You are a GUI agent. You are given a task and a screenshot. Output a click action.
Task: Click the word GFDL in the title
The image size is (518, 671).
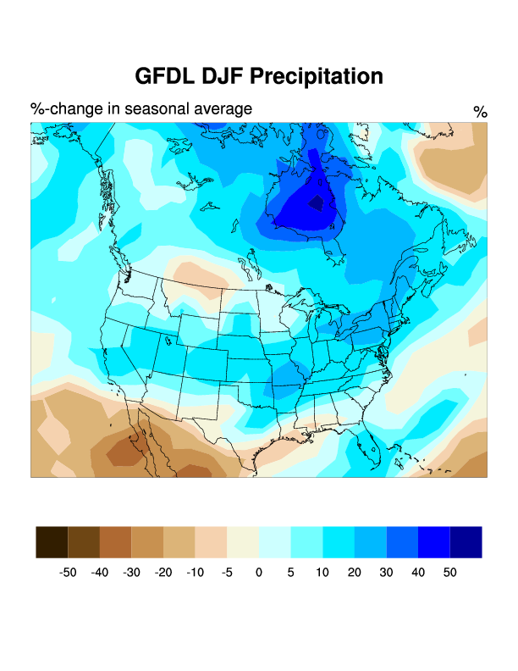pos(166,76)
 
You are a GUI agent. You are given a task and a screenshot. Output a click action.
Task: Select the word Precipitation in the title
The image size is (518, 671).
pos(317,76)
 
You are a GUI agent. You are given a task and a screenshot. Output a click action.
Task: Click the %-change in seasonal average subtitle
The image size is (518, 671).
pos(141,109)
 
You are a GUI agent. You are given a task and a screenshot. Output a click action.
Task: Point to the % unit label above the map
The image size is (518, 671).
pos(480,112)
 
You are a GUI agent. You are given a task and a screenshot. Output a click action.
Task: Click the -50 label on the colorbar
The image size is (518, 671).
pos(68,573)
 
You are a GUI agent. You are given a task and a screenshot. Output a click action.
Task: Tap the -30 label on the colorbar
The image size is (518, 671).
pos(131,573)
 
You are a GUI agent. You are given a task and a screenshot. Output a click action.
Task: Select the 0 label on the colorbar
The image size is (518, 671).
pos(259,573)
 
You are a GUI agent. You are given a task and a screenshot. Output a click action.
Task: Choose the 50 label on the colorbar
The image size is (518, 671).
pos(449,573)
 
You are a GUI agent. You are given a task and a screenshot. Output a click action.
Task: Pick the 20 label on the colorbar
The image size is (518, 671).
pos(354,573)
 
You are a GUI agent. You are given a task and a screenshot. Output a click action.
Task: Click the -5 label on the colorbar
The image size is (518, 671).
pos(227,573)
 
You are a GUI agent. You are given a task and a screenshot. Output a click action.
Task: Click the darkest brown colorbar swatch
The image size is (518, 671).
pos(52,542)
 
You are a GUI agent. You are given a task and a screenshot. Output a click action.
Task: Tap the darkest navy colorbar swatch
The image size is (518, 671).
pos(466,542)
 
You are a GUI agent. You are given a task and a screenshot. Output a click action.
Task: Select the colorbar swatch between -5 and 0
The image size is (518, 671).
pos(243,542)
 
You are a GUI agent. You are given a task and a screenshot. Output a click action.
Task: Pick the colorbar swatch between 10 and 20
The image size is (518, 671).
pos(339,542)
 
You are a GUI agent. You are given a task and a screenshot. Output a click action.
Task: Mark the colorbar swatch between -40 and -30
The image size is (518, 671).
pos(115,542)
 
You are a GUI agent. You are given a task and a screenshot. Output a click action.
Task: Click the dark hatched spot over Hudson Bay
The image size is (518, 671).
pos(315,202)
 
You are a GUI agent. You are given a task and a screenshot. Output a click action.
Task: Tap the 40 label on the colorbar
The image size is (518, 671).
pos(417,573)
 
